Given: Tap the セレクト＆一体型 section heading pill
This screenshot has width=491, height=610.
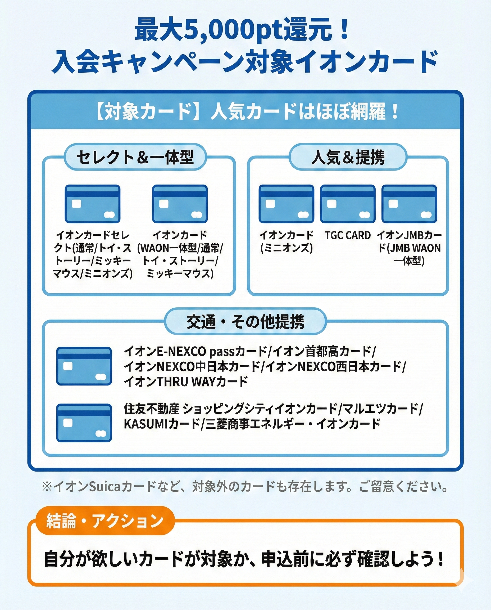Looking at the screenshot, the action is coord(135,157).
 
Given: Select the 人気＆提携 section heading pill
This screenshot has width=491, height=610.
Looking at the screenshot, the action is coord(348,157).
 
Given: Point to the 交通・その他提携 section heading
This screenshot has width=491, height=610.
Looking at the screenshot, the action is coord(245,321).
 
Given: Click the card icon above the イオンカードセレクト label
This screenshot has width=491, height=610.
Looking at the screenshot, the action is coord(93,204).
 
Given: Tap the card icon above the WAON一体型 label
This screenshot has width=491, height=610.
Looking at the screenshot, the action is coord(180,204).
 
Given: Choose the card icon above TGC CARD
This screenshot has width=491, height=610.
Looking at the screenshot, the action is coord(348,204).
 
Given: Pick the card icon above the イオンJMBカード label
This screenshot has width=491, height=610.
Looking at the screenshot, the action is coord(409,204).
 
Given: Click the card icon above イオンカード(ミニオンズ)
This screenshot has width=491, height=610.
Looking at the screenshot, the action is coord(286,204).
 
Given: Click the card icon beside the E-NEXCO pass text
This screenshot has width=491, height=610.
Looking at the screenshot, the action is coord(84,366).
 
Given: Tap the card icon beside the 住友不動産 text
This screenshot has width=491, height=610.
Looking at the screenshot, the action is coord(84,423).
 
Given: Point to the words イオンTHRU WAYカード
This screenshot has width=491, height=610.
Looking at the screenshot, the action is coord(186,382).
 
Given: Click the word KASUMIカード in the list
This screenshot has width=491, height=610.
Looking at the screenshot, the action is coord(162,424).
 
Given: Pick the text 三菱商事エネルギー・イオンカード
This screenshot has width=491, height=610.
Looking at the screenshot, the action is coord(293,424).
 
